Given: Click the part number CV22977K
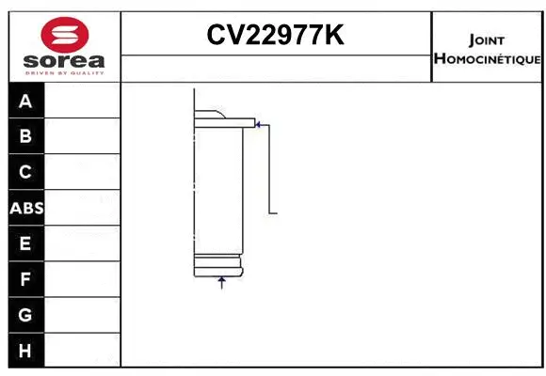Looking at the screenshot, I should point(275,35).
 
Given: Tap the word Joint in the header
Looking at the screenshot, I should point(487,39).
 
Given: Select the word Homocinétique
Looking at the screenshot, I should point(487,58).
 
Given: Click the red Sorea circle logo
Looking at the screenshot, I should point(64,36).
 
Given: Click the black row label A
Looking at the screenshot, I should point(25,101).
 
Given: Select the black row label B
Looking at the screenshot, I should point(25,136).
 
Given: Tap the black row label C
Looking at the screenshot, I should point(25,172).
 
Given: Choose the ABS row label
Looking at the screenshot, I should point(26,208).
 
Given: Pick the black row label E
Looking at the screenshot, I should point(25,243).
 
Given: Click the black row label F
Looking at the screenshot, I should point(25,279).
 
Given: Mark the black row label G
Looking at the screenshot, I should point(25,315).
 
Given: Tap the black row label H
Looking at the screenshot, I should point(25,351).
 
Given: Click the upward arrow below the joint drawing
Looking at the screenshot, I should point(222,281).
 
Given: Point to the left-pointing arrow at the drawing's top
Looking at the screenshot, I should point(260,122).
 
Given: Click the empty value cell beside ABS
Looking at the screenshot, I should point(83,208).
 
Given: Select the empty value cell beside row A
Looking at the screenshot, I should point(83,101).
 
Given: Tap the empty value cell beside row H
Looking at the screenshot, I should point(83,351).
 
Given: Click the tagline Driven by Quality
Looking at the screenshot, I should point(64,73).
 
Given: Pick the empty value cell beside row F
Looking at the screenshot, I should point(83,279).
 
